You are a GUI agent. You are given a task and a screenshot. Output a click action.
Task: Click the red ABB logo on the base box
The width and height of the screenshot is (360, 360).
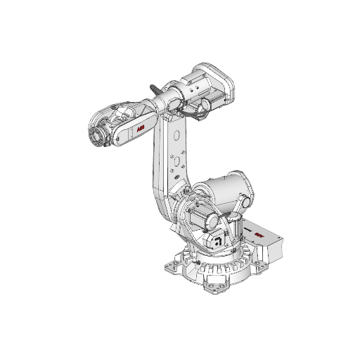(x=259, y=235)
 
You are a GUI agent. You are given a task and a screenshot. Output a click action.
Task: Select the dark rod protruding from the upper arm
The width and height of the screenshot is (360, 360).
(x=155, y=90)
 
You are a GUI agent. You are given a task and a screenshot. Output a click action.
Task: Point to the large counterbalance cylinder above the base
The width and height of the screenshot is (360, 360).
(x=224, y=190)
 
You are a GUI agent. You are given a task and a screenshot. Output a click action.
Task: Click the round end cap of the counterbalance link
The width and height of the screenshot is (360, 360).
(x=246, y=203)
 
